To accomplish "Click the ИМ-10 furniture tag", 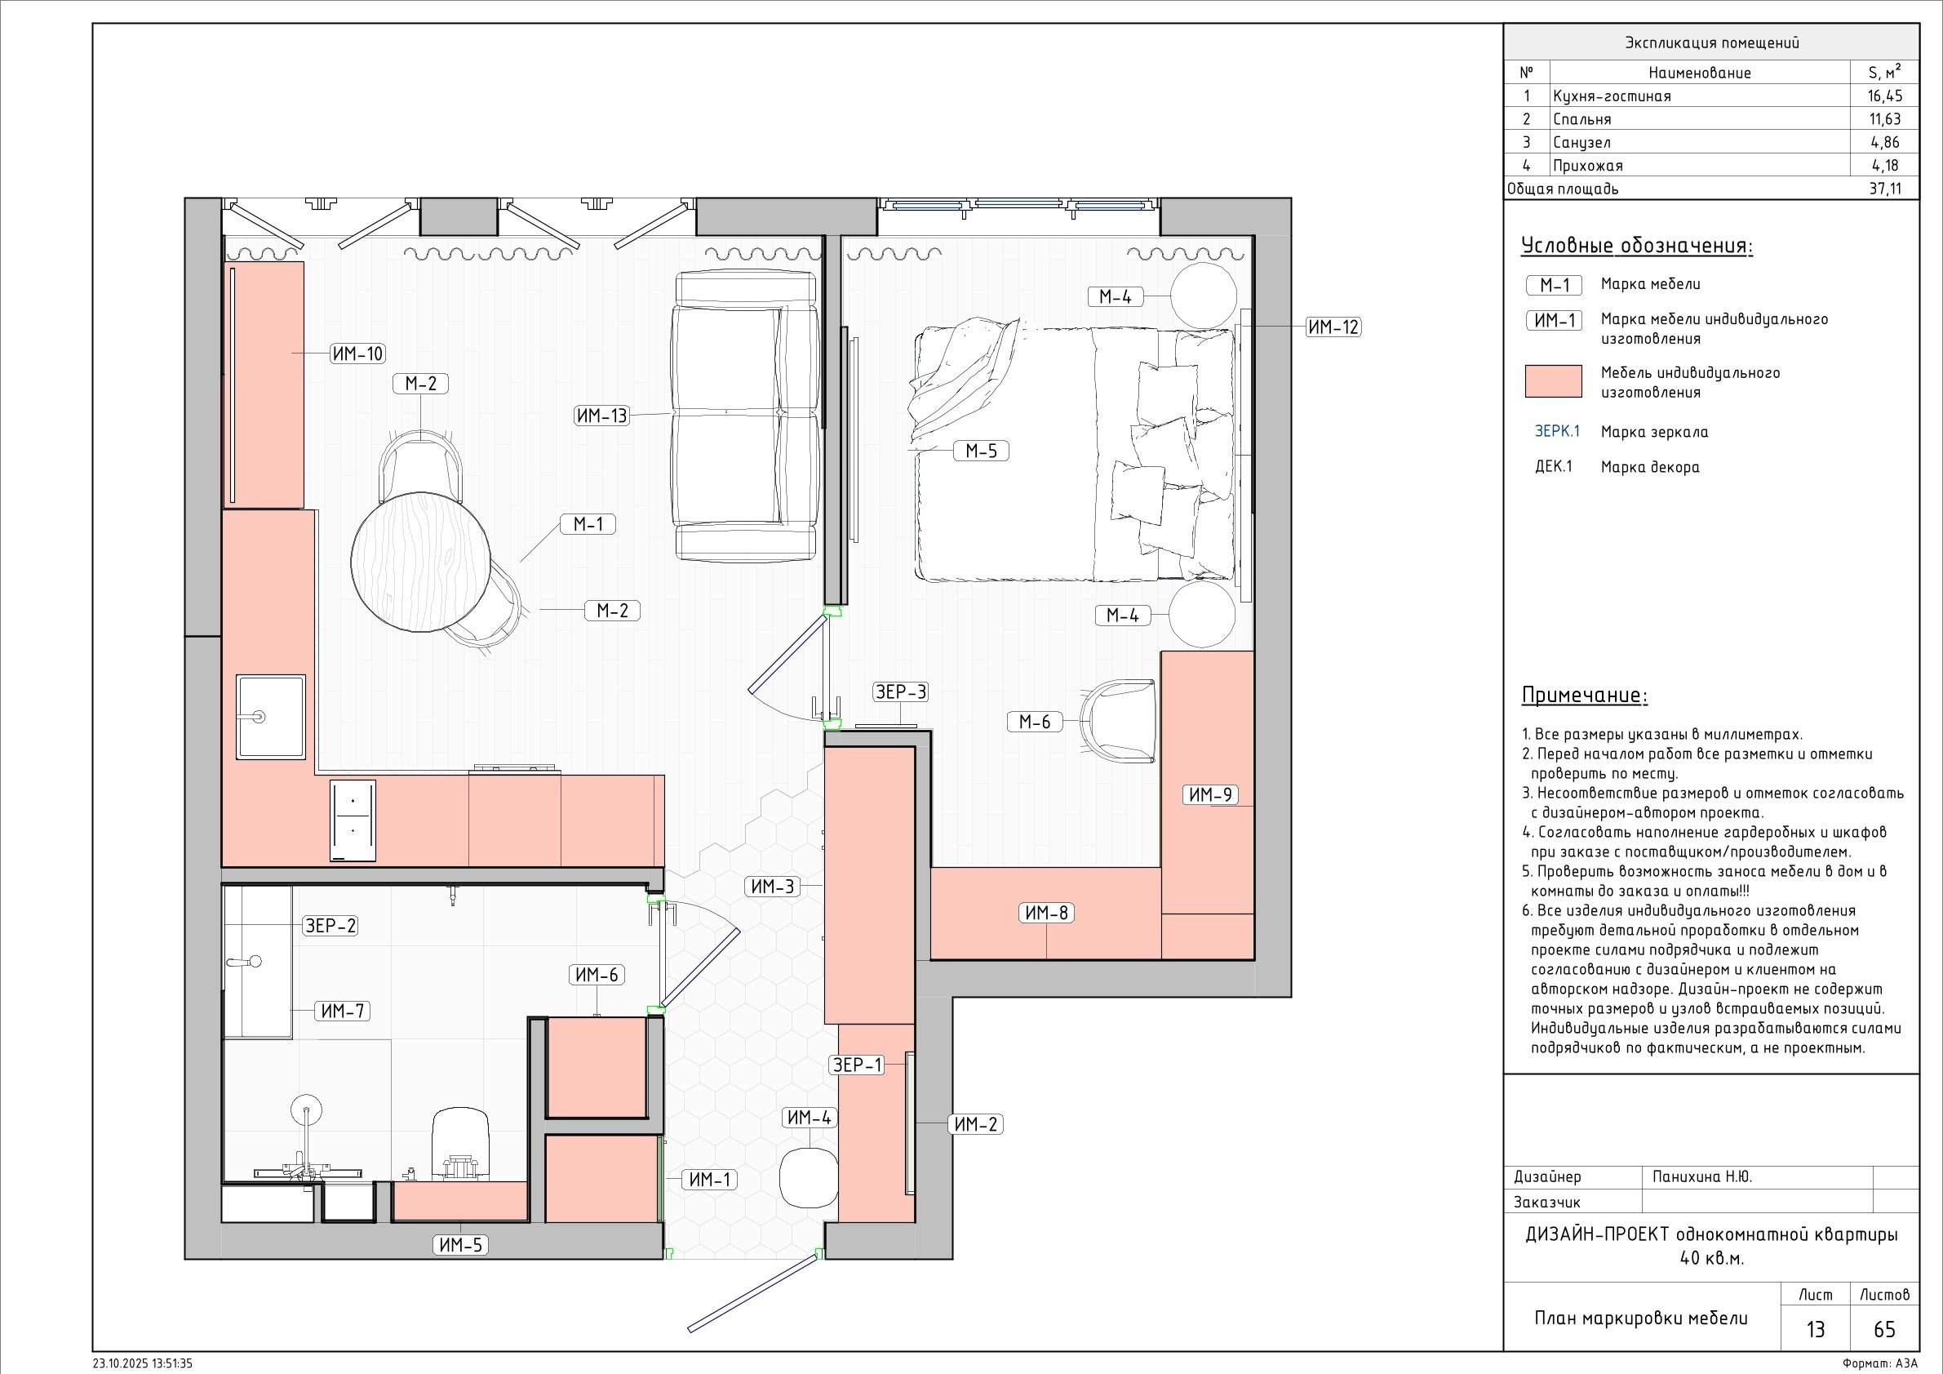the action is click(x=358, y=354).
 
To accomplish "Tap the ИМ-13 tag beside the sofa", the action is click(x=601, y=416).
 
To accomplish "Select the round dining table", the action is click(x=421, y=562).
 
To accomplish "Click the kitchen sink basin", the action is click(x=271, y=716).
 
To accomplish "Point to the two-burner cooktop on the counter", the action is click(x=353, y=820).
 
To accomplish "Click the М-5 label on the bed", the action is click(x=982, y=451).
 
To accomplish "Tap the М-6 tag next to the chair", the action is click(x=1034, y=721).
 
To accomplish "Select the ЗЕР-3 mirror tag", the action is click(x=900, y=692).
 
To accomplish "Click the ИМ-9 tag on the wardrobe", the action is click(x=1211, y=795).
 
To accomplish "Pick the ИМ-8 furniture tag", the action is click(x=1047, y=913).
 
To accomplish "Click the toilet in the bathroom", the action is click(x=461, y=1144).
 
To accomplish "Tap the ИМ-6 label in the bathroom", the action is click(x=597, y=976).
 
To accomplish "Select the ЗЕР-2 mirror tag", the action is click(x=330, y=926).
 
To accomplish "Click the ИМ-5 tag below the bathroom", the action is click(x=461, y=1245).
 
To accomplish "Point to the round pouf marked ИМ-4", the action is click(x=809, y=1176).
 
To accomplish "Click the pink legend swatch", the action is click(x=1553, y=381).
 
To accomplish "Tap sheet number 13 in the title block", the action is click(x=1816, y=1329).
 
